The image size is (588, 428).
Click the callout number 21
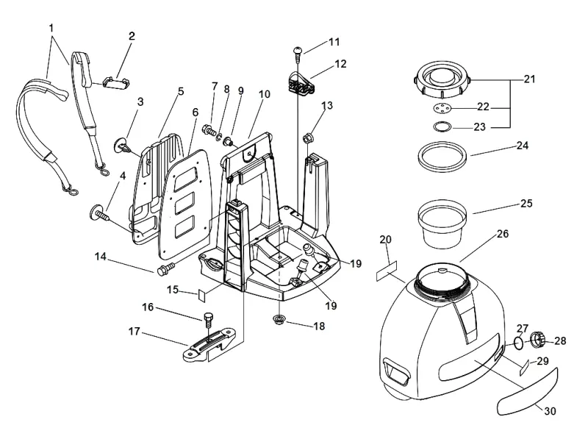pos(529,79)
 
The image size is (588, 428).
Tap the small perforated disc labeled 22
pos(442,109)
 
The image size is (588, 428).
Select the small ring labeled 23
pos(442,126)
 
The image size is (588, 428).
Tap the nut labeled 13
pos(307,138)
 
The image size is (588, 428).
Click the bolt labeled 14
pos(165,269)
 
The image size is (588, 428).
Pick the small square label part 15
pos(202,295)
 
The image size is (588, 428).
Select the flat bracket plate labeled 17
pos(209,343)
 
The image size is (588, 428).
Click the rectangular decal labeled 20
pos(387,271)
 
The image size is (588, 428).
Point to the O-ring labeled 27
pos(518,343)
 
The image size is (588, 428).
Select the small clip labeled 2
pos(115,82)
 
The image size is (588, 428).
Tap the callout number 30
pos(550,411)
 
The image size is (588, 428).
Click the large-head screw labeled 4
pos(99,214)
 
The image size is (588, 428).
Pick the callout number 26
pos(503,234)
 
